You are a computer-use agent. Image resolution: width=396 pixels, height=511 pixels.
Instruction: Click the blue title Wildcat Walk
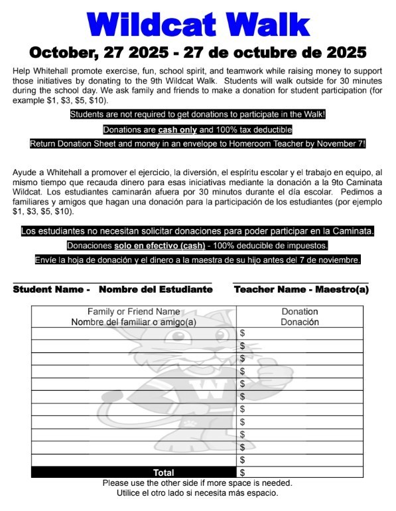pos(198,25)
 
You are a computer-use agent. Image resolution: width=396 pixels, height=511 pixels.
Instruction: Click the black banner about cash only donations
pos(198,129)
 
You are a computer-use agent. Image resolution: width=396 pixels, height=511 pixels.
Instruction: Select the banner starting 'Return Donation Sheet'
pos(198,143)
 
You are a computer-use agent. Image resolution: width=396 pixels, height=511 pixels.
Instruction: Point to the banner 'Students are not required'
pos(198,115)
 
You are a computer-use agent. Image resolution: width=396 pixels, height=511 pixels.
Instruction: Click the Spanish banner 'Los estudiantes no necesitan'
pos(198,232)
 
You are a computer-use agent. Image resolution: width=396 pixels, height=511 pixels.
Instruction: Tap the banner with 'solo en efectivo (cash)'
pos(198,246)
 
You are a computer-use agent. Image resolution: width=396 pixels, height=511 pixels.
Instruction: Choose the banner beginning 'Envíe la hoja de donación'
pos(198,259)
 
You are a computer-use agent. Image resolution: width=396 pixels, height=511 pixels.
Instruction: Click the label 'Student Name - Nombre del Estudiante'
pos(112,289)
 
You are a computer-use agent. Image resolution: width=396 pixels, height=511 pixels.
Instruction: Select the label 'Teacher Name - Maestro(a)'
pos(301,289)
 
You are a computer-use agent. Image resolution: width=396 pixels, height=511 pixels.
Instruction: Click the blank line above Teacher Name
pos(301,283)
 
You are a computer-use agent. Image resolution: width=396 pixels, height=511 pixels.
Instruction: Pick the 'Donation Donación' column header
pos(300,317)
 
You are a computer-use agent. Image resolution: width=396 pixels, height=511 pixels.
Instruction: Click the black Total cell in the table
pos(134,473)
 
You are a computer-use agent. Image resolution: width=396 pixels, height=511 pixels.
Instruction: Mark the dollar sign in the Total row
pos(243,473)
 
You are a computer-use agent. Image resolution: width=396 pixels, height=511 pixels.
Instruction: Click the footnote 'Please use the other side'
pos(198,483)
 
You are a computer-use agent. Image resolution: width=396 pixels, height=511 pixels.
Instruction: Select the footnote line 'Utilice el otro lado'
pos(198,493)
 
